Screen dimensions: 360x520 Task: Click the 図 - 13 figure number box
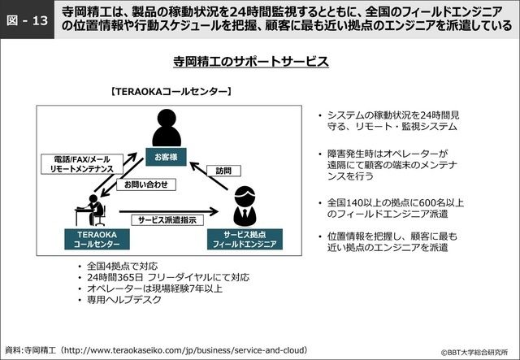26,19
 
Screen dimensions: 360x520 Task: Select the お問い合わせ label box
146,184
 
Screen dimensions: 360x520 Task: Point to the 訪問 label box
223,171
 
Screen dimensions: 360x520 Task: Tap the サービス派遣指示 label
166,219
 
